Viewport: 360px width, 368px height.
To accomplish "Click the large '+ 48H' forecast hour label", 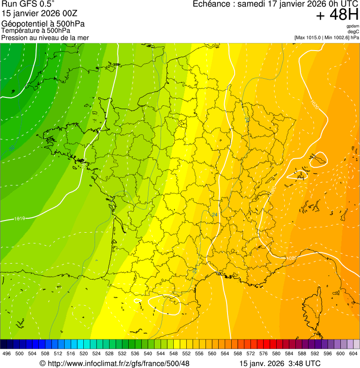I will [337, 15].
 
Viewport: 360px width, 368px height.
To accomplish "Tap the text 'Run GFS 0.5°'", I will [28, 5].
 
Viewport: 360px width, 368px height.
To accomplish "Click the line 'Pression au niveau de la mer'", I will [45, 37].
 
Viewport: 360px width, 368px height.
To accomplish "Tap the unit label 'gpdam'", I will [353, 26].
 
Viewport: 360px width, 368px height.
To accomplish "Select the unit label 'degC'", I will [354, 32].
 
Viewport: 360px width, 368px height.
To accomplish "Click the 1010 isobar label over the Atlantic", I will [20, 219].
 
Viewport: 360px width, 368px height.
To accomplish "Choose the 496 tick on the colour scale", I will [7, 353].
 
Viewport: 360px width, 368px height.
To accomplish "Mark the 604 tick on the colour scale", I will [353, 353].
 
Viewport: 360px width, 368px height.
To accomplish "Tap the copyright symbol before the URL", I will [42, 363].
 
